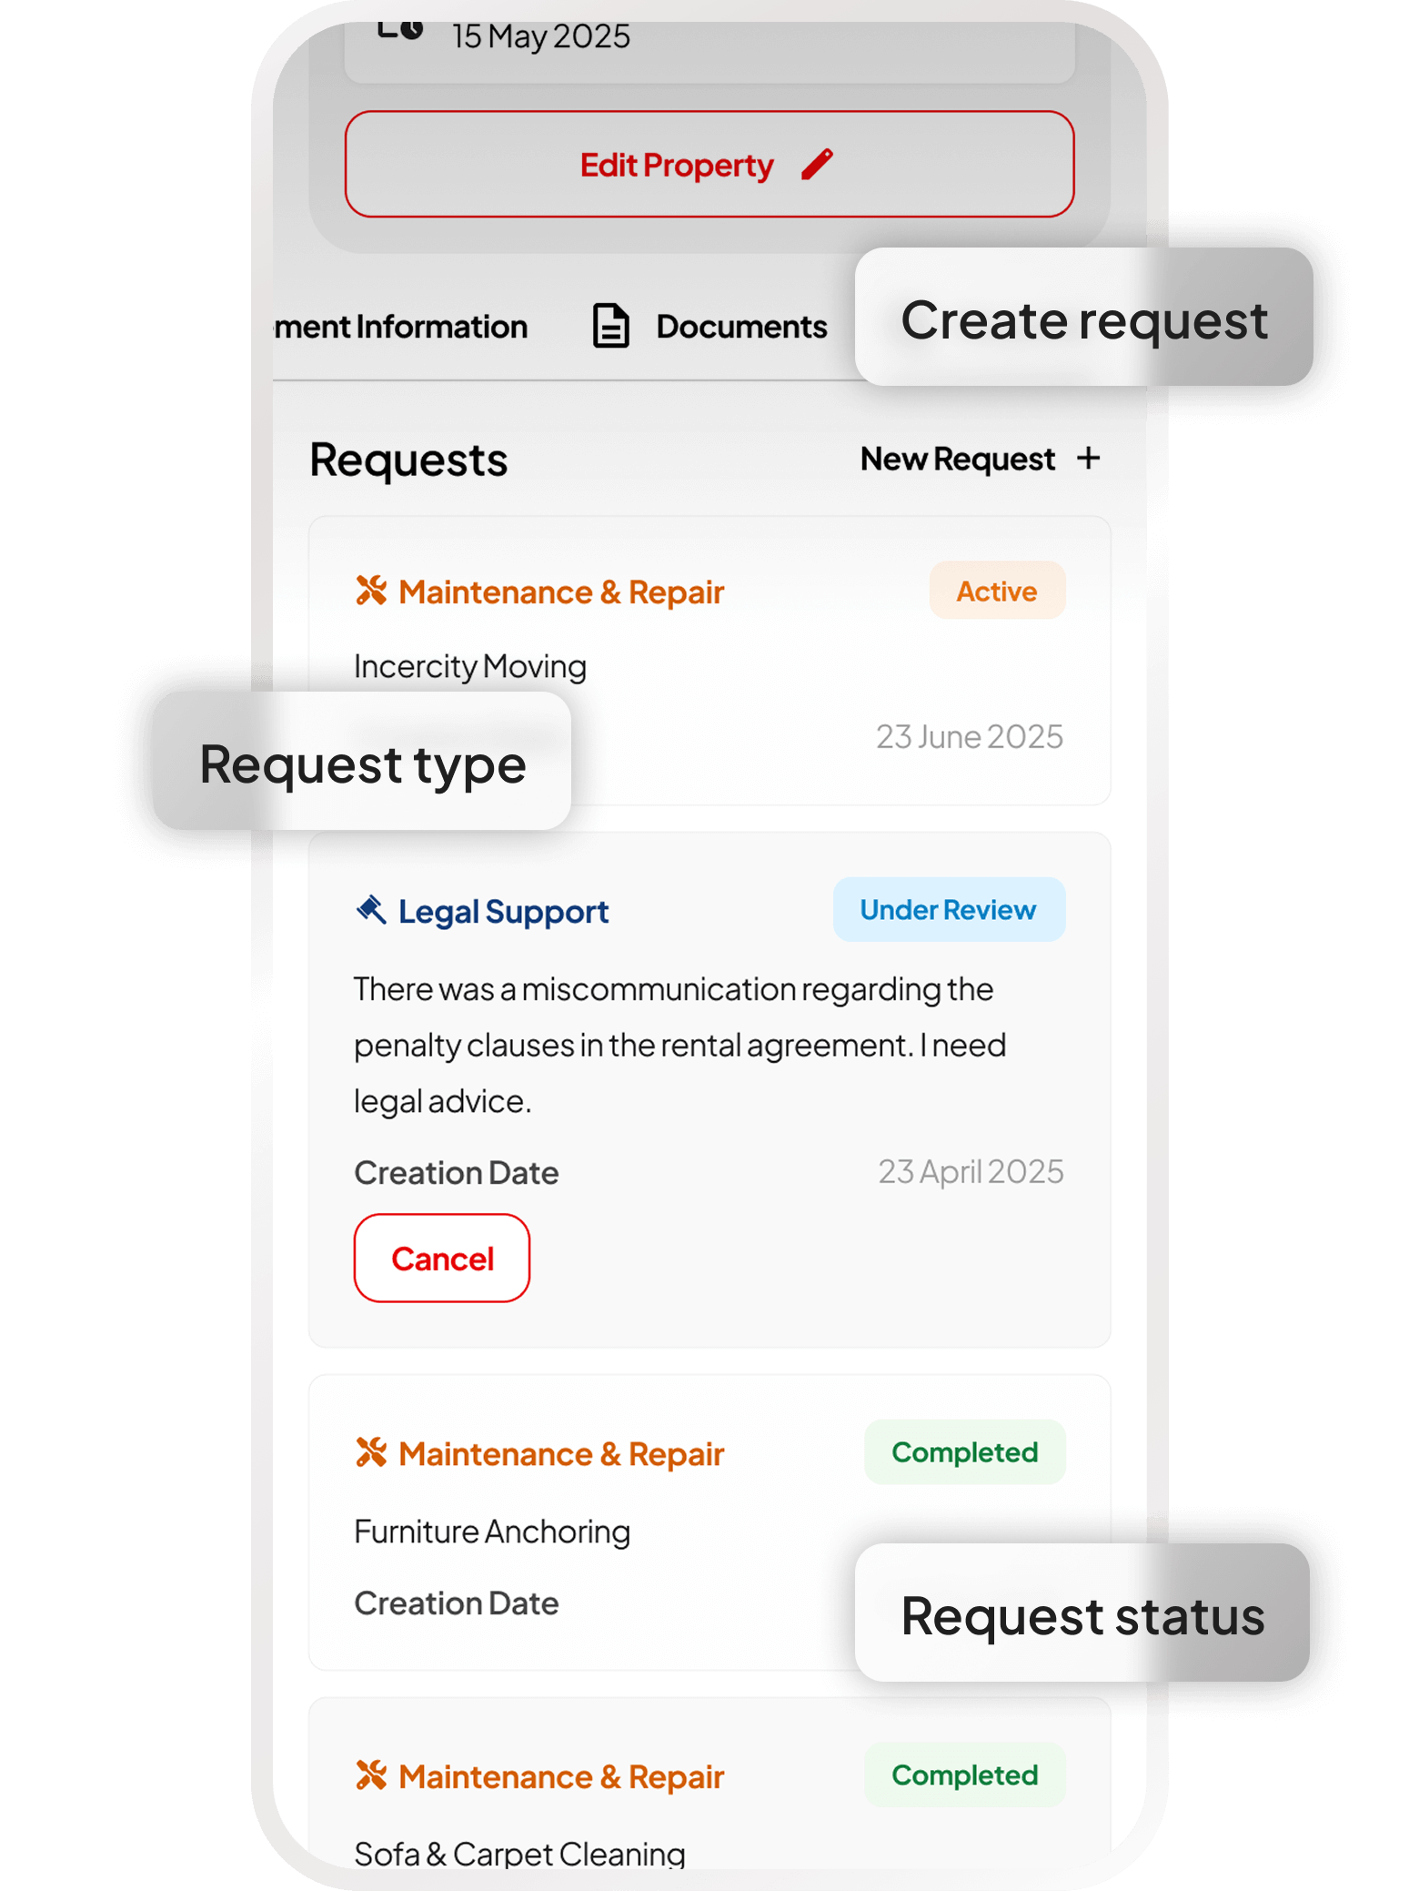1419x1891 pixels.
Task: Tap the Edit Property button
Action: click(709, 165)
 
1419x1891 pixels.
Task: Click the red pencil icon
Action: click(817, 165)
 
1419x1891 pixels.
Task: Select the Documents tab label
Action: click(741, 327)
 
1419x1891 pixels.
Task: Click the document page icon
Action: click(610, 326)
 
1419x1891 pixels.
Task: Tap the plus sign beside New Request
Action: click(1088, 458)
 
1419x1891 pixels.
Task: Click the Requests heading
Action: click(408, 460)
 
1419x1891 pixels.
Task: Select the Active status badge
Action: click(996, 592)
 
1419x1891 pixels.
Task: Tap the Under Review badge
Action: click(948, 910)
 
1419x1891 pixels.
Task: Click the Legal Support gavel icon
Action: click(371, 909)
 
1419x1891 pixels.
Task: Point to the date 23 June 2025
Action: click(969, 737)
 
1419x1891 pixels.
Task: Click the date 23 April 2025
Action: click(970, 1172)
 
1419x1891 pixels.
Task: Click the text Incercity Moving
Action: click(469, 667)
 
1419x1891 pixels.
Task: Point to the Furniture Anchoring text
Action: click(491, 1532)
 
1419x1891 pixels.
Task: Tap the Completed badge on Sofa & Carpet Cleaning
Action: click(964, 1775)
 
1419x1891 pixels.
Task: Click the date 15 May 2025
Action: click(540, 37)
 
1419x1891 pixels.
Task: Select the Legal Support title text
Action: click(503, 912)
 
